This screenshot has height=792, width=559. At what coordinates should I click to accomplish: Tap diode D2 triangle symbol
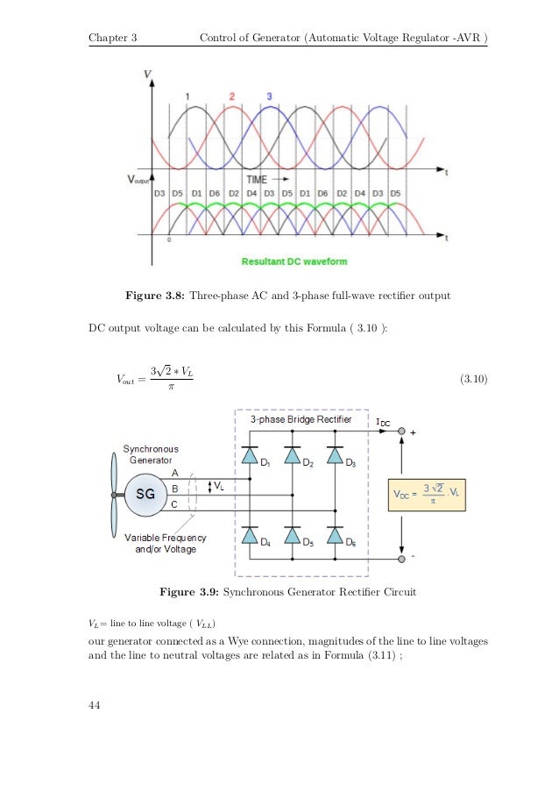pyautogui.click(x=293, y=456)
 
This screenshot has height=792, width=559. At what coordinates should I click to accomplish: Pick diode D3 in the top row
pyautogui.click(x=334, y=456)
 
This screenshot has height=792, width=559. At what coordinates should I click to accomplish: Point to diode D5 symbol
pyautogui.click(x=293, y=534)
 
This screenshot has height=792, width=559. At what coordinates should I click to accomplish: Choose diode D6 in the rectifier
pyautogui.click(x=334, y=534)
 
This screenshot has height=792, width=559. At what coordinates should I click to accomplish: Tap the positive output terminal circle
pyautogui.click(x=400, y=432)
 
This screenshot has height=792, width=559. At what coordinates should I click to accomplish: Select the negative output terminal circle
pyautogui.click(x=400, y=559)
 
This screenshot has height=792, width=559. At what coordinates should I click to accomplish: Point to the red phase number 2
pyautogui.click(x=232, y=95)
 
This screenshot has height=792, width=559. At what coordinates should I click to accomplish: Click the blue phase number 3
pyautogui.click(x=268, y=95)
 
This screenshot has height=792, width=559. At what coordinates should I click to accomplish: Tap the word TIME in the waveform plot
pyautogui.click(x=258, y=179)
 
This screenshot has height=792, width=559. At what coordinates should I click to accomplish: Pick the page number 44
pyautogui.click(x=96, y=704)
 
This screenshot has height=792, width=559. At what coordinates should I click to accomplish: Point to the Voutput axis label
pyautogui.click(x=138, y=179)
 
